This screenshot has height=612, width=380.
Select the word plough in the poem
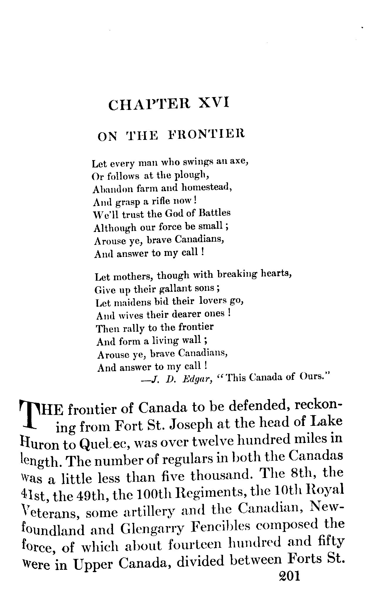click(x=191, y=175)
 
